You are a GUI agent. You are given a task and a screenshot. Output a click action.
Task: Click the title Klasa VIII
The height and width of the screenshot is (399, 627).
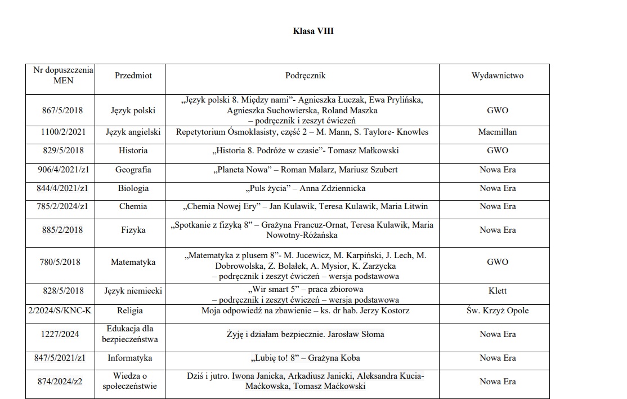coord(313,31)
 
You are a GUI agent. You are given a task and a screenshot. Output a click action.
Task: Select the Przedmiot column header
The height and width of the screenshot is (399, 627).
coord(133,76)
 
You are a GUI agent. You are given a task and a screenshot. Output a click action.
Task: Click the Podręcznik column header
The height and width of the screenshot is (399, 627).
coord(306,76)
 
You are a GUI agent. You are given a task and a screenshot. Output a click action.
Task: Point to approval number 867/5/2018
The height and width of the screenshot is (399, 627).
coord(62,110)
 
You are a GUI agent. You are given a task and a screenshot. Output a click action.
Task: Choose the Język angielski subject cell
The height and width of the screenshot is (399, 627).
coord(133,132)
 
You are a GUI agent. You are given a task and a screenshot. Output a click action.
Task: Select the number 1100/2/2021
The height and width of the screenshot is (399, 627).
coord(62,132)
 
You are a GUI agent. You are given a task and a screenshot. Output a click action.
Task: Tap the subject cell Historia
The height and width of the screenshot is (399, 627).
coord(133,150)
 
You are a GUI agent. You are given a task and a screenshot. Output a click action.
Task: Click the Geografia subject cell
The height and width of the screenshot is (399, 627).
coord(133,170)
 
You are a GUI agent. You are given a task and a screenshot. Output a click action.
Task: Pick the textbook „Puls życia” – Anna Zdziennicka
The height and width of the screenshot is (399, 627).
coord(306,188)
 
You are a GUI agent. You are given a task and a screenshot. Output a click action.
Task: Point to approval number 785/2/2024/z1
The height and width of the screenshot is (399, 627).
coord(62,206)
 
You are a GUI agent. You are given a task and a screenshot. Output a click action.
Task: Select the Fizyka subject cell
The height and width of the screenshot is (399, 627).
coord(133,230)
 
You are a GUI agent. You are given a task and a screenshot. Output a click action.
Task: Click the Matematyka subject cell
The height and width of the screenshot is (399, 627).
coord(133,262)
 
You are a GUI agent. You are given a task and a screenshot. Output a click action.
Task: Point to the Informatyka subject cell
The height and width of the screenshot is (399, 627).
coord(133,358)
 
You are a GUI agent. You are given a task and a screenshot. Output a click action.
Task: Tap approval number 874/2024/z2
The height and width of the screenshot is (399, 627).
coord(62,382)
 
